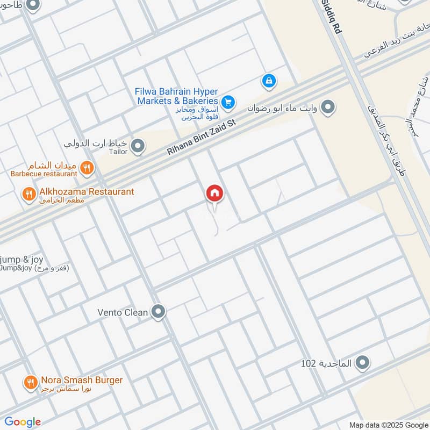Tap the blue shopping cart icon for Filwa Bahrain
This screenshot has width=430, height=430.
[228, 101]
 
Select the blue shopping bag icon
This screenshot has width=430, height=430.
[269, 81]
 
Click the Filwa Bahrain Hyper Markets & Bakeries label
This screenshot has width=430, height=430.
[176, 96]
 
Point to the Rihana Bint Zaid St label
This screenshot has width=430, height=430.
[202, 138]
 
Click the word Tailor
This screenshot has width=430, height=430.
[119, 152]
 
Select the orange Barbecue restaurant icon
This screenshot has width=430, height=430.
[87, 168]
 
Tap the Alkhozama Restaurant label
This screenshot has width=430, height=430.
[87, 192]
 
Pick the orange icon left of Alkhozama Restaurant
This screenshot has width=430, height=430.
[28, 193]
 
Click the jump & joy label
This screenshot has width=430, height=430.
[22, 260]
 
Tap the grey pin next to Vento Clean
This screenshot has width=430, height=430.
[158, 312]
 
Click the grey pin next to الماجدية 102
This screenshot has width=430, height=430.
[363, 363]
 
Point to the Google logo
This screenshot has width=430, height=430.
[23, 422]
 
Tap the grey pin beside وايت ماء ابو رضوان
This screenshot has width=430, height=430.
[328, 107]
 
